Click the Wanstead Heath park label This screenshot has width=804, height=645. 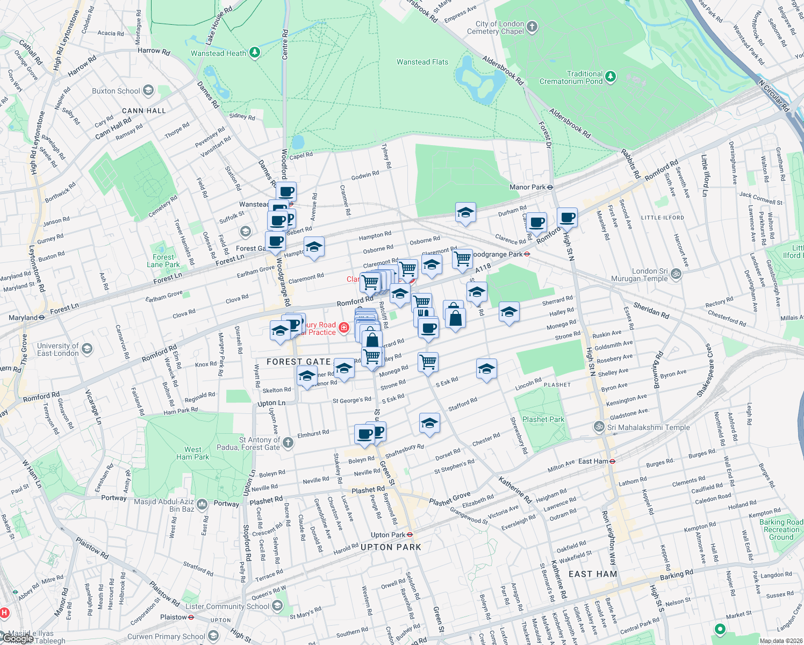[x=218, y=53]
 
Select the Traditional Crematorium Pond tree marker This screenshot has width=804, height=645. [x=610, y=77]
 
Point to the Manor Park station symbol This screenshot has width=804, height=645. [x=550, y=187]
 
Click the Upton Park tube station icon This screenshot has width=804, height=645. [x=410, y=535]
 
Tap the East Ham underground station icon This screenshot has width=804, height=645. [x=613, y=461]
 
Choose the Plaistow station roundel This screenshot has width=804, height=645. [x=191, y=617]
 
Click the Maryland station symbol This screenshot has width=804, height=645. [x=41, y=318]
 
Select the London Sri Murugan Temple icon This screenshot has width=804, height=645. [x=676, y=274]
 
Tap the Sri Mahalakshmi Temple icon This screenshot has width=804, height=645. [x=599, y=427]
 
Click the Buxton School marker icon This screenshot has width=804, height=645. [x=148, y=90]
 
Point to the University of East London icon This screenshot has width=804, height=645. [x=87, y=349]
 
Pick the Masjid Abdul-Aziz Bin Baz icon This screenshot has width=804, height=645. [x=202, y=504]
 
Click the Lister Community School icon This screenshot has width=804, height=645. [x=277, y=606]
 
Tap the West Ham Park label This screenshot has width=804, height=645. [x=193, y=453]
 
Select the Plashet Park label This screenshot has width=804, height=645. [x=543, y=419]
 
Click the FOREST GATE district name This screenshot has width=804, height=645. [x=299, y=362]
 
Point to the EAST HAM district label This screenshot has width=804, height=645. [x=593, y=574]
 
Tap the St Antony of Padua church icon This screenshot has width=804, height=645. [x=288, y=442]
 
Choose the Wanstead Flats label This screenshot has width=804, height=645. [x=422, y=62]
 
